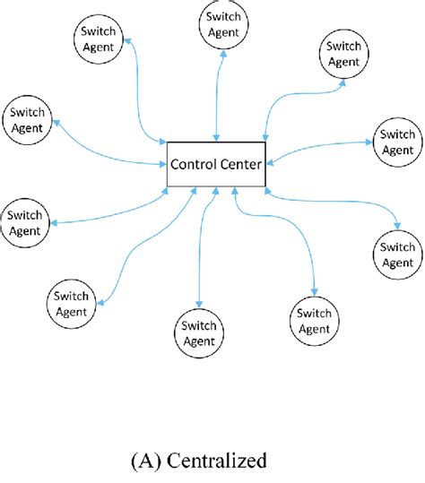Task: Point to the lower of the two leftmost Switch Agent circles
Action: (25, 222)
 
